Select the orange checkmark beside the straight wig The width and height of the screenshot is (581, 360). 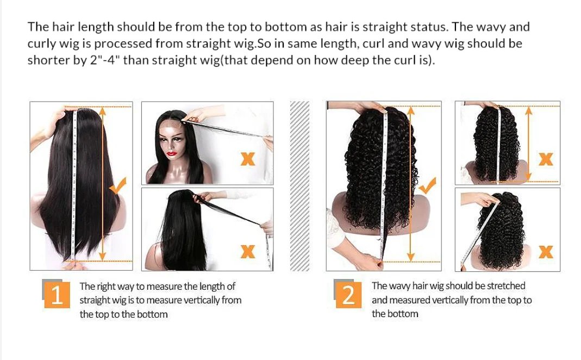coord(118,186)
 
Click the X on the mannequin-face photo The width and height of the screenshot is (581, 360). coord(248,159)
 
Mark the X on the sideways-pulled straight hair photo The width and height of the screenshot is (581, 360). coord(248,251)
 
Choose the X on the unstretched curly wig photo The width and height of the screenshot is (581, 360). coord(545,159)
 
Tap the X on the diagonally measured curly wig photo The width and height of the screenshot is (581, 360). coord(545,251)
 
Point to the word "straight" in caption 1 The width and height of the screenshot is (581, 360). coord(96,300)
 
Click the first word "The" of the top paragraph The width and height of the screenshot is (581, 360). coord(38,27)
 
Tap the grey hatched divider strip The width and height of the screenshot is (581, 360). coord(299,185)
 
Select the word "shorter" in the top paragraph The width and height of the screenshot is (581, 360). coord(48,60)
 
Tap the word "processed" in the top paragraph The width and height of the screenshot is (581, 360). coord(128,44)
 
